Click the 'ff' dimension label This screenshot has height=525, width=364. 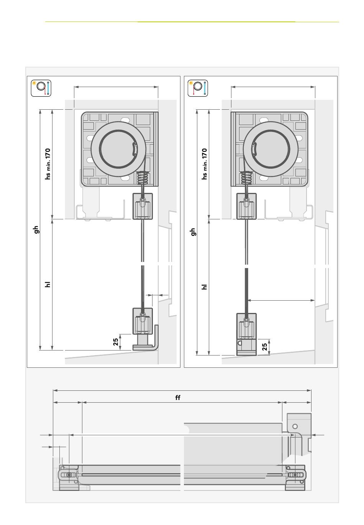tap(177, 398)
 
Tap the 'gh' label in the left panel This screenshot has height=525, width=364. tap(36, 229)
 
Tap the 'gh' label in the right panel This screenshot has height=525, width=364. tap(193, 232)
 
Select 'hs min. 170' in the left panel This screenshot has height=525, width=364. tap(48, 164)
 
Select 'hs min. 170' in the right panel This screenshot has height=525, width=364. tap(204, 164)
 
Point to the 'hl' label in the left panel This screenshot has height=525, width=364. tap(48, 285)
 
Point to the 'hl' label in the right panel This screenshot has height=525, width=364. tap(204, 287)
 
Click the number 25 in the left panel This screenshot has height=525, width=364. tap(116, 342)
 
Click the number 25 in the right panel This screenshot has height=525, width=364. tap(264, 347)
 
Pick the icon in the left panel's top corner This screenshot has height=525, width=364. tap(41, 88)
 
